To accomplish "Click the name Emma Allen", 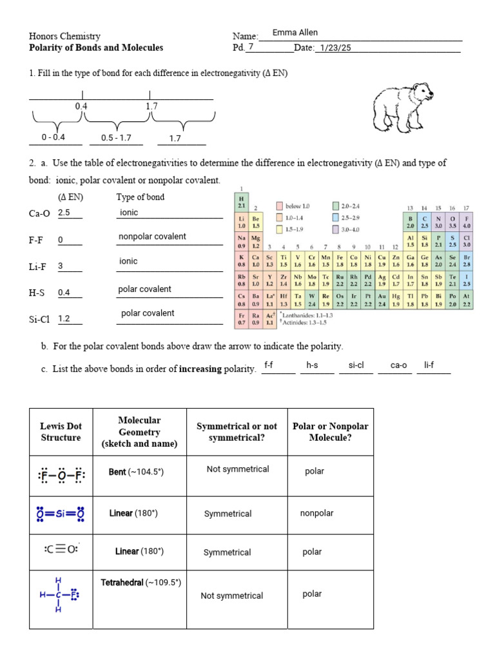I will [295, 33].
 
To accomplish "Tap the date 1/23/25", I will [333, 48].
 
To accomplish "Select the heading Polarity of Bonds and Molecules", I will [96, 48].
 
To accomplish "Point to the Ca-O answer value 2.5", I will [64, 212].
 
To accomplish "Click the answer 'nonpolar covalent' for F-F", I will [152, 237].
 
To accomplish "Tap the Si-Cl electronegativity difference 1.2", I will [64, 318].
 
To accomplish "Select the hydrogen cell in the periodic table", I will [242, 203].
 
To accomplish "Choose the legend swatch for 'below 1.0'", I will [279, 206].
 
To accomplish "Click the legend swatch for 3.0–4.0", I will [335, 229].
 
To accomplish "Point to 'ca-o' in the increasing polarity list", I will [399, 365].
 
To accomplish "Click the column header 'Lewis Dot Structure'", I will [61, 432].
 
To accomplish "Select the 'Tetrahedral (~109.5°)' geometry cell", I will [141, 583].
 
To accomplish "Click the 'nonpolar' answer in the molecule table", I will [316, 514].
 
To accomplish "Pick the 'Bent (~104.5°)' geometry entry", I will [136, 472].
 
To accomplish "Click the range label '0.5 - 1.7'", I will [116, 138].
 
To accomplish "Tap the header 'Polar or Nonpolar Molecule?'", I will [331, 432].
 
